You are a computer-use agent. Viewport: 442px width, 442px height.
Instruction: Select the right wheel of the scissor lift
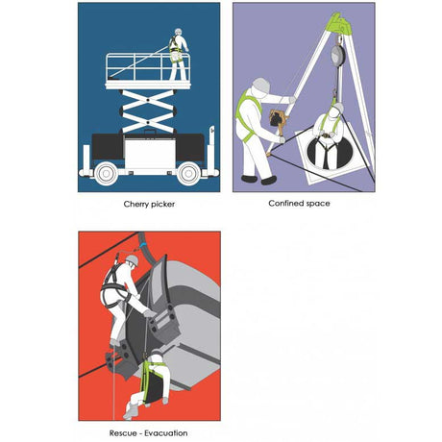click(x=188, y=173)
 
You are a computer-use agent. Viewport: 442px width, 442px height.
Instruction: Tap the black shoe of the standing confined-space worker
click(x=269, y=179)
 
